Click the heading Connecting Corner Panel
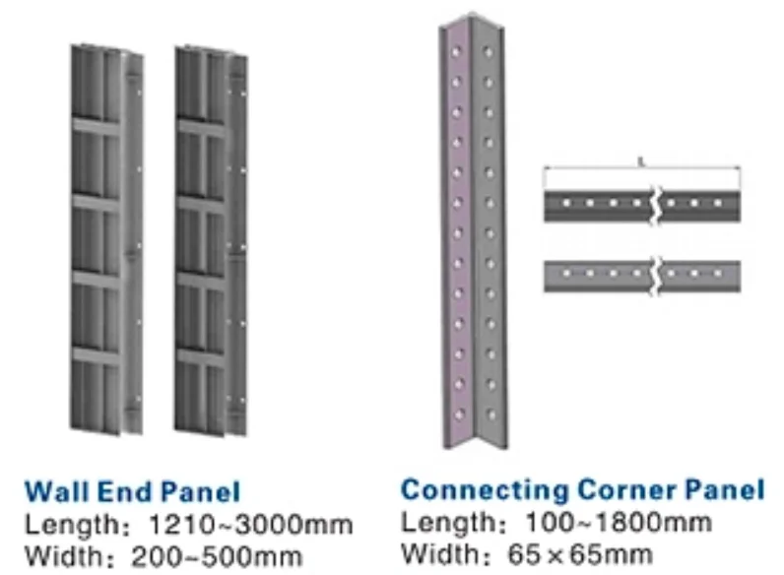582,488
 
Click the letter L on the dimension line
641,160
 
